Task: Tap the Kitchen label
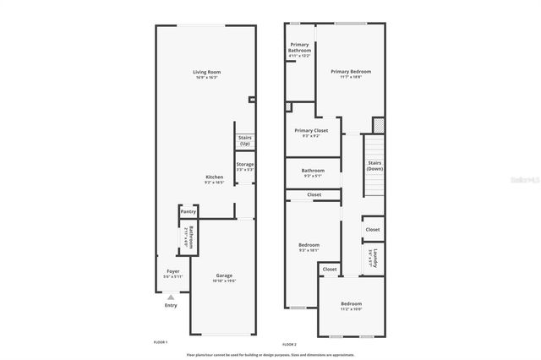(x=214, y=177)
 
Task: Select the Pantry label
(x=188, y=211)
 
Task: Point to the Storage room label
(x=245, y=165)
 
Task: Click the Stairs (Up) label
(x=245, y=139)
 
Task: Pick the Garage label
(x=224, y=275)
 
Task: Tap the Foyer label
(x=172, y=271)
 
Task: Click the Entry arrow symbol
(x=171, y=297)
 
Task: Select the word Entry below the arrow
(x=171, y=305)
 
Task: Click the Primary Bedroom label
(x=351, y=72)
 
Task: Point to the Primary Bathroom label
(x=300, y=47)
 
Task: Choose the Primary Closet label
(x=311, y=130)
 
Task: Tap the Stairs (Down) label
(x=374, y=166)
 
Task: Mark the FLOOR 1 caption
(x=161, y=342)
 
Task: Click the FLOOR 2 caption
(x=290, y=344)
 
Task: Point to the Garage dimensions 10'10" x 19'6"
(x=224, y=281)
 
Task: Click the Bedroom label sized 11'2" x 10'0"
(x=351, y=303)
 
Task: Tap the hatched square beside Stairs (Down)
(x=378, y=124)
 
